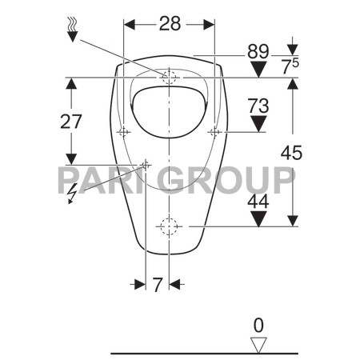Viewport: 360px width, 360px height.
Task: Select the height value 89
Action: tap(257, 52)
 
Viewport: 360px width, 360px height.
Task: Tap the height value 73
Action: tap(257, 105)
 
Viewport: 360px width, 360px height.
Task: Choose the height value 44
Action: tap(257, 203)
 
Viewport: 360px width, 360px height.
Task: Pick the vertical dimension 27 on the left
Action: tap(70, 122)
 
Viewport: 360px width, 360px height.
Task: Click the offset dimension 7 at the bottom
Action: tap(158, 283)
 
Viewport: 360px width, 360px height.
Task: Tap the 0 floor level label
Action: tap(257, 325)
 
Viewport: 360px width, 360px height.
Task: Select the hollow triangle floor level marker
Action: tap(257, 342)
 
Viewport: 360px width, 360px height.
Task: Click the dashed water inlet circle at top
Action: tap(169, 78)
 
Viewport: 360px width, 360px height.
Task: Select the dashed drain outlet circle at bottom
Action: tap(169, 226)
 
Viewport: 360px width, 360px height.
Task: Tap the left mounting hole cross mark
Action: tap(123, 131)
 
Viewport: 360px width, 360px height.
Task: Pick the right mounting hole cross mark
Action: tap(214, 131)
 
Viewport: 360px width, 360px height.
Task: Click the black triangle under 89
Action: tap(257, 70)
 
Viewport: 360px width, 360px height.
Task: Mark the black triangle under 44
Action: tap(257, 218)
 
